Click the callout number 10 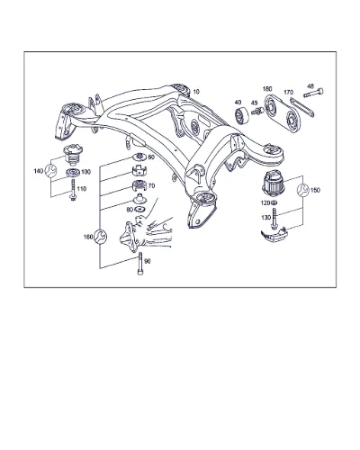tap(196, 92)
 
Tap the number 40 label tap(238, 103)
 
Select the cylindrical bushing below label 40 tap(241, 116)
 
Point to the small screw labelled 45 tap(257, 112)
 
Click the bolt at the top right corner tap(313, 93)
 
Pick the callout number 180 tap(267, 89)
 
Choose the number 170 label tap(288, 93)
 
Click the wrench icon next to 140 tap(50, 171)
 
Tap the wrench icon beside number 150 tap(302, 190)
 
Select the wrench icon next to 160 tap(100, 237)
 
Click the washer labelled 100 tap(73, 173)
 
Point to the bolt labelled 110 tap(72, 190)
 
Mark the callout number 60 tap(151, 157)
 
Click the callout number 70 tap(151, 186)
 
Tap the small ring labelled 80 tap(139, 209)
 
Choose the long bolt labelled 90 tap(140, 264)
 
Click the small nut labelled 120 tap(274, 203)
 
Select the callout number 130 tap(265, 218)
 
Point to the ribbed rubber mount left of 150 tap(273, 183)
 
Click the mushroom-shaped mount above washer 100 tap(73, 155)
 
